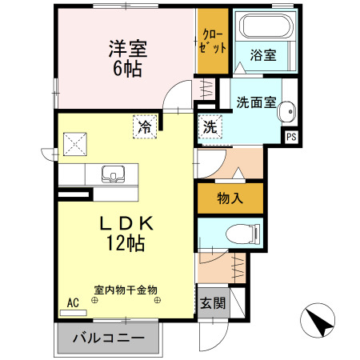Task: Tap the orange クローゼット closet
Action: click(213, 40)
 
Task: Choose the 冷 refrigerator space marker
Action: click(145, 126)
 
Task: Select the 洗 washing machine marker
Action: click(209, 126)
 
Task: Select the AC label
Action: click(73, 304)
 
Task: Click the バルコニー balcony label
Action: click(108, 338)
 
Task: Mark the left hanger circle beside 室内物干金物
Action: click(94, 300)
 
